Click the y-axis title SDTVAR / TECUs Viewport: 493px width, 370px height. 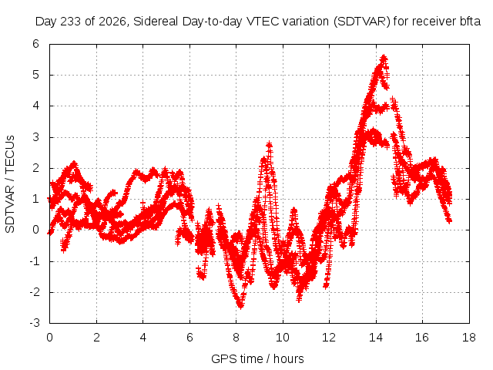click(x=10, y=184)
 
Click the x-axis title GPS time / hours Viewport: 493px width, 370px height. click(x=257, y=358)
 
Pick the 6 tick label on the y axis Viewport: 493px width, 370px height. click(x=36, y=44)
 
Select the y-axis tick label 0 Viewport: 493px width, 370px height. click(x=36, y=230)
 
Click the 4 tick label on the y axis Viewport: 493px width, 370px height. click(x=36, y=106)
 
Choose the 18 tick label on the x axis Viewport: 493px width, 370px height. click(x=469, y=338)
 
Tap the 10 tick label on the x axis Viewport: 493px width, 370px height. click(x=283, y=338)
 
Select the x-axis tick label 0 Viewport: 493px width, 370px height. click(x=49, y=338)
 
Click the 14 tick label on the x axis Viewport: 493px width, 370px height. click(x=376, y=338)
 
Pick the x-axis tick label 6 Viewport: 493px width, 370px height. click(x=189, y=338)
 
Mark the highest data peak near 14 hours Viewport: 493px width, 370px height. click(x=384, y=58)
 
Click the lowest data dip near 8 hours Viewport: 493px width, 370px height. click(x=240, y=305)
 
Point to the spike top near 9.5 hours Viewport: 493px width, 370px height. click(x=269, y=144)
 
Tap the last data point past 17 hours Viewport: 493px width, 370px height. click(x=450, y=221)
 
